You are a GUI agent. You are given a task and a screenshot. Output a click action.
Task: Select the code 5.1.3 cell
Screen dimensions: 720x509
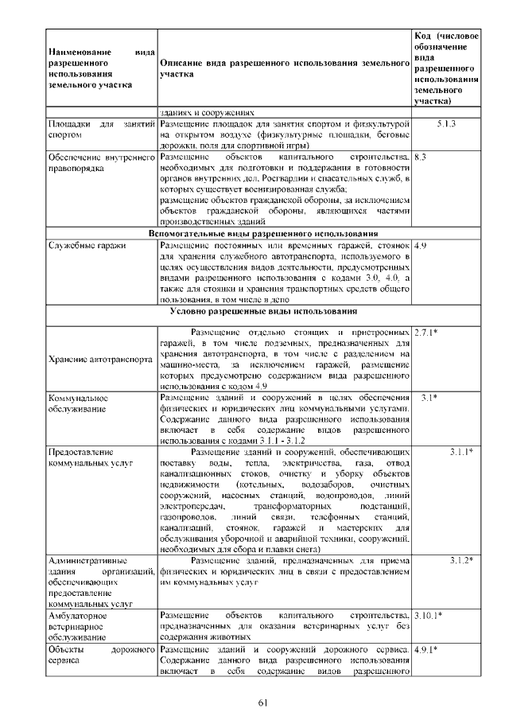click(x=446, y=125)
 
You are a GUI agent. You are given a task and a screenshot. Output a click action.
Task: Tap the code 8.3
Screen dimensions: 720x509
click(x=422, y=158)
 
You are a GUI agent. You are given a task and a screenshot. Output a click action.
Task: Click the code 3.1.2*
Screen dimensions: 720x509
click(x=460, y=561)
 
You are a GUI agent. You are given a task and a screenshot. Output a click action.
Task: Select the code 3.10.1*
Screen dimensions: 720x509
click(x=429, y=616)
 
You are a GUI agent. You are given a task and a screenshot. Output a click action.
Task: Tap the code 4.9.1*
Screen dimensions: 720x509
click(x=425, y=649)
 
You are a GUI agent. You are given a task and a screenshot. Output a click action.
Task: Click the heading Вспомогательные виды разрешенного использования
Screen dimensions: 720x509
click(x=262, y=234)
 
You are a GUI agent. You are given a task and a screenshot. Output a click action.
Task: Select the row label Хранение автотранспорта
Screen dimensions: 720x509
click(x=100, y=359)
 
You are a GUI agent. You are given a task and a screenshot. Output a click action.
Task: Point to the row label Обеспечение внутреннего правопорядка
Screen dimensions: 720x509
click(x=100, y=163)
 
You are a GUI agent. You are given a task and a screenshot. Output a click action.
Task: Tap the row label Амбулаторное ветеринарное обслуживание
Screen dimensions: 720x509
click(x=80, y=626)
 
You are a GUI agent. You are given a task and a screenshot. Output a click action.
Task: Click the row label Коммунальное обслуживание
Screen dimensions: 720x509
click(x=78, y=403)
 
